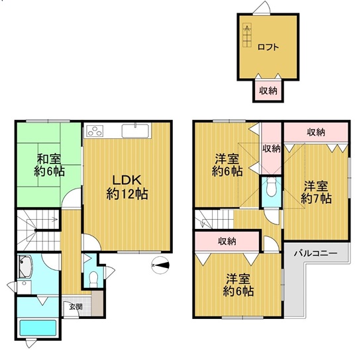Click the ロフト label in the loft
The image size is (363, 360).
tap(268, 47)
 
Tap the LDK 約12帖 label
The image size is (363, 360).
tap(127, 187)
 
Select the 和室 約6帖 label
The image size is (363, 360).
tap(49, 165)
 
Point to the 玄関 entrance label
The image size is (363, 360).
tap(76, 307)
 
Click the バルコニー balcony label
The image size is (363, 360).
tap(315, 253)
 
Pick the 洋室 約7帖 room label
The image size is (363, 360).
tap(316, 193)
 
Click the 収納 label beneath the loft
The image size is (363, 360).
tap(268, 91)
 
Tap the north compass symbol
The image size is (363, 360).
tap(160, 265)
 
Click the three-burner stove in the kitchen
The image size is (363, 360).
tap(95, 131)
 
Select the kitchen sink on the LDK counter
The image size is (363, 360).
tap(135, 131)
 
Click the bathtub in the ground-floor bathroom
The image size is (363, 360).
tap(38, 328)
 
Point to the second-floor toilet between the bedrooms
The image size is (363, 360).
tap(272, 187)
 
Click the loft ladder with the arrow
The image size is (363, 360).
tap(247, 35)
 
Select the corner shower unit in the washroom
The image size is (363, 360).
tap(26, 267)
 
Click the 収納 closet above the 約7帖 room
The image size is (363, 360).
tap(316, 132)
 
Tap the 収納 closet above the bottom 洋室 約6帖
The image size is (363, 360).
tap(227, 241)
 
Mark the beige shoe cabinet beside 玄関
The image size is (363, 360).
tap(97, 303)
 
